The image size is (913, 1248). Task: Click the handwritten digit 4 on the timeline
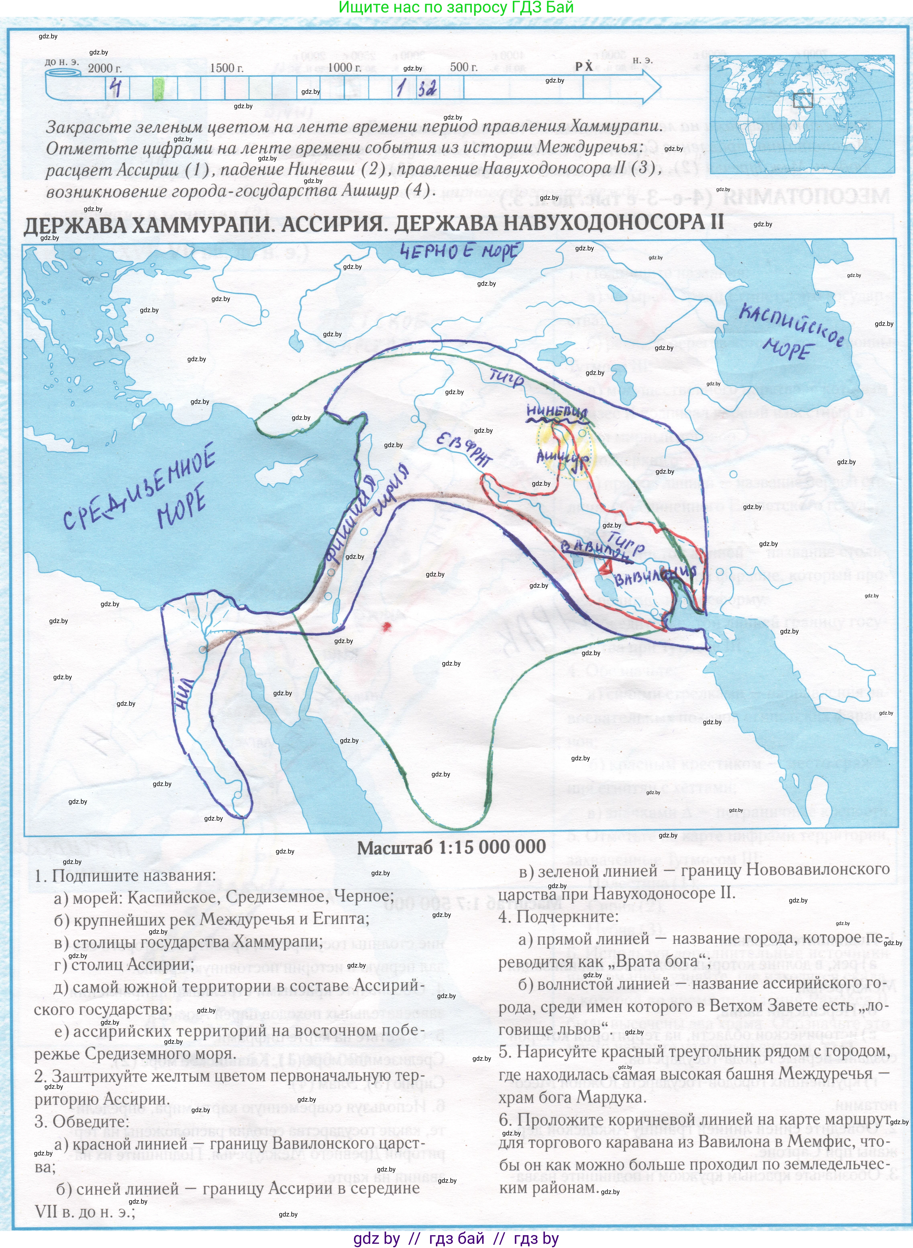(x=116, y=87)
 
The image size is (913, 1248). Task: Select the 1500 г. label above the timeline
(x=226, y=68)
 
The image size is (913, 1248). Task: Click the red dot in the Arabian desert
(x=386, y=626)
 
